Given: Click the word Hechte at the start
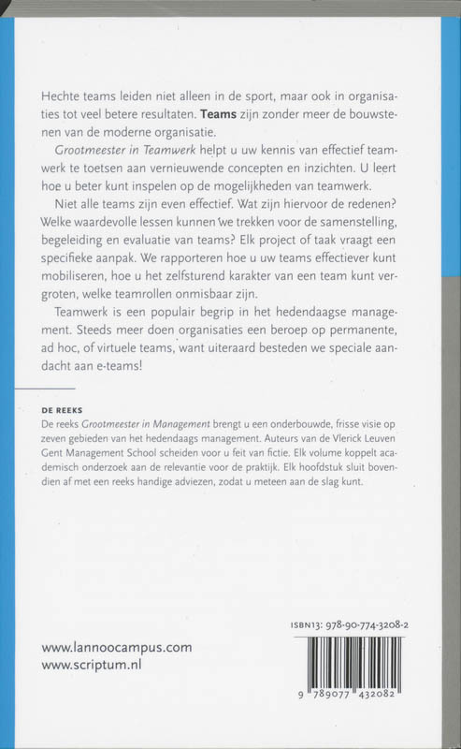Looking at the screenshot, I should click(x=63, y=96).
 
